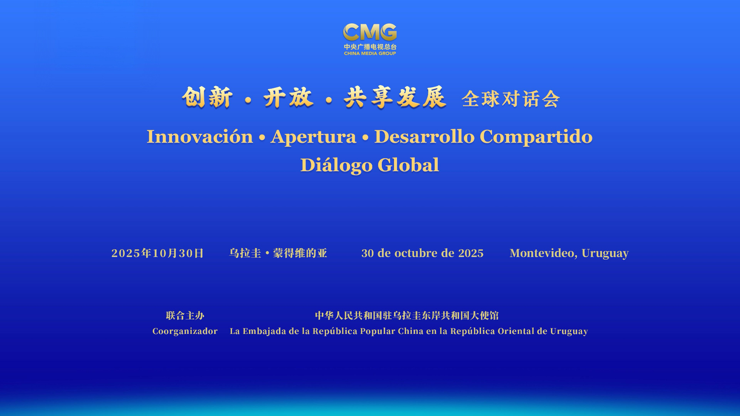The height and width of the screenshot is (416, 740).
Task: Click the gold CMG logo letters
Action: click(x=370, y=32)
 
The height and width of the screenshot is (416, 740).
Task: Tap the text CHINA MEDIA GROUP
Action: click(x=370, y=53)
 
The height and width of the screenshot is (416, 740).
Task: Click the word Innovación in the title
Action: click(x=200, y=136)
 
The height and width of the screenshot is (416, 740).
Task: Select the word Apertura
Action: click(x=313, y=137)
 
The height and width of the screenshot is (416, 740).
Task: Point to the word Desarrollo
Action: click(x=424, y=136)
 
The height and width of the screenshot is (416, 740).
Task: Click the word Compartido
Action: click(x=536, y=137)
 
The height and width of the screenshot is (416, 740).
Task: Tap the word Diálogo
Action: click(x=336, y=165)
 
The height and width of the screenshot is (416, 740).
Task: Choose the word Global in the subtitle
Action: click(x=408, y=165)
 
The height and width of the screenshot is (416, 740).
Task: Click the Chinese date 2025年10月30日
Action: click(x=158, y=253)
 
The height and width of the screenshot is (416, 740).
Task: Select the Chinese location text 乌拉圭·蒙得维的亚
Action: click(x=278, y=253)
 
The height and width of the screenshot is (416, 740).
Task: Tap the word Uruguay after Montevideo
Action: click(x=605, y=254)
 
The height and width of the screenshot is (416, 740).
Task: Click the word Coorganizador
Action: click(x=185, y=331)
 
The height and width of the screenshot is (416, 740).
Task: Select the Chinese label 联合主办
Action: click(x=185, y=315)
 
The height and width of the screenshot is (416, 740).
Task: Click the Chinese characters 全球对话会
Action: click(x=511, y=99)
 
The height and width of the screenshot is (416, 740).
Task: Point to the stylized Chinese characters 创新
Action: click(x=207, y=98)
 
